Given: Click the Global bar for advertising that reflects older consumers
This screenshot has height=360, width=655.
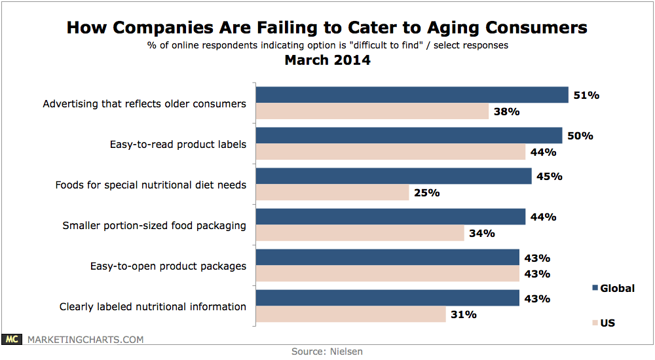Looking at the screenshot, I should [x=411, y=95].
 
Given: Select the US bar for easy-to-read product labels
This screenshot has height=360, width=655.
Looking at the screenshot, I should [x=390, y=152].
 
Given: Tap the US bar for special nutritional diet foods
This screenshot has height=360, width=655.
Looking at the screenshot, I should [x=332, y=192].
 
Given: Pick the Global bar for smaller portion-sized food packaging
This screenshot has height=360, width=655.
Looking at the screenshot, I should [x=390, y=217].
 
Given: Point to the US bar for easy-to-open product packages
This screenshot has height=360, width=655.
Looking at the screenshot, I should [x=387, y=274].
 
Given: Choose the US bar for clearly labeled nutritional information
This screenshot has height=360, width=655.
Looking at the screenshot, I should [x=350, y=314].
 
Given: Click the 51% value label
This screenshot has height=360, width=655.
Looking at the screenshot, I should [x=586, y=95].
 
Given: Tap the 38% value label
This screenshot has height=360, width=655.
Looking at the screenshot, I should [x=506, y=111].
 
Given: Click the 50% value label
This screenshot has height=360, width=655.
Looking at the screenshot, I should [x=580, y=136].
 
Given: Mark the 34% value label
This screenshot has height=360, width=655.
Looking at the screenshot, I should [x=482, y=233].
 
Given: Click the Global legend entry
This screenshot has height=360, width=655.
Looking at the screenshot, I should [x=613, y=288].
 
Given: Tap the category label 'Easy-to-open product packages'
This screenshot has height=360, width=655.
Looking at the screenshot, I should [x=168, y=266].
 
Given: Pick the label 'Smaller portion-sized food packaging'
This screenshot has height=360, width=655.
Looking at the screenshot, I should [x=155, y=225].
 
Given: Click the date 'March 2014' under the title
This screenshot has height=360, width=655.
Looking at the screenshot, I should [x=327, y=60].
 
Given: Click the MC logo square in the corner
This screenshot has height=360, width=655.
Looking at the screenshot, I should [x=12, y=339].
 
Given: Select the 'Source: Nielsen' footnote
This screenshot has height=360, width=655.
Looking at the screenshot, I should [x=327, y=351].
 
